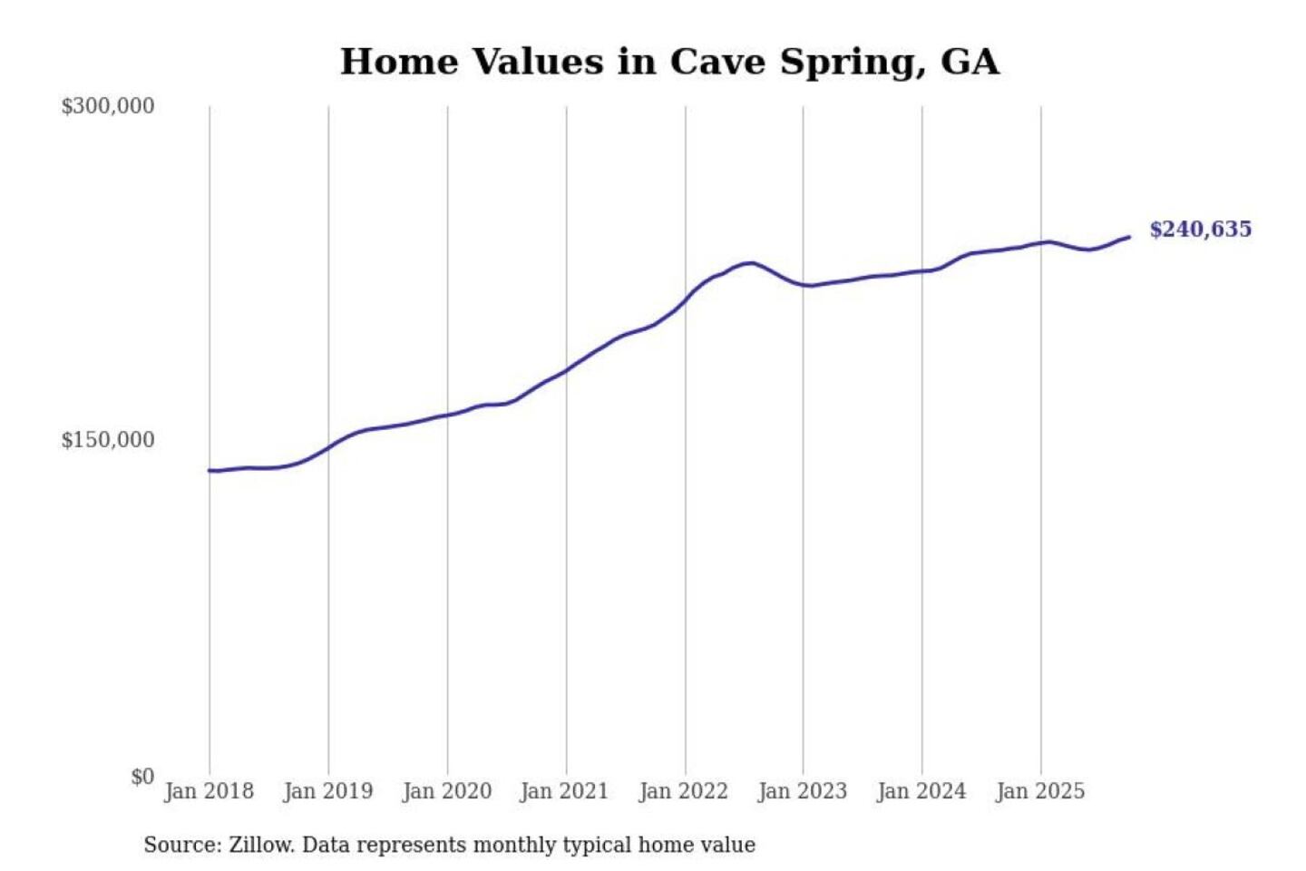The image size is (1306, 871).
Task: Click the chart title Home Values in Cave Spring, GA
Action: (x=669, y=62)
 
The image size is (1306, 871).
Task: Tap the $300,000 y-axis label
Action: (x=107, y=106)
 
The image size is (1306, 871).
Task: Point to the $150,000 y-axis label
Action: (x=107, y=440)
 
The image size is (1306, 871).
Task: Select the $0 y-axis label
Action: (x=142, y=777)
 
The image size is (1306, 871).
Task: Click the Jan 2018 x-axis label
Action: (x=209, y=791)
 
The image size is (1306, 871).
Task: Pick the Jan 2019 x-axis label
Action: (x=327, y=791)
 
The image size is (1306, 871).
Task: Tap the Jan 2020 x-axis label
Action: (x=446, y=791)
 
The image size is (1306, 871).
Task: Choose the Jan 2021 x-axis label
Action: (x=564, y=791)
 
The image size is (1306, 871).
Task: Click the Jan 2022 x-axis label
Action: (x=683, y=791)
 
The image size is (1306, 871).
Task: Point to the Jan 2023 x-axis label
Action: (x=802, y=791)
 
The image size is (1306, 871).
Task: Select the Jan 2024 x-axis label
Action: (x=921, y=791)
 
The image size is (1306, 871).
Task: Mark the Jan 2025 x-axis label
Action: (x=1039, y=791)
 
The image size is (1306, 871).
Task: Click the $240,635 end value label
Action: (x=1200, y=230)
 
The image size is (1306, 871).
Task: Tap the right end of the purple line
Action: (x=1129, y=237)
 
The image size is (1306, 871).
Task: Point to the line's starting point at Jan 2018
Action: (x=210, y=470)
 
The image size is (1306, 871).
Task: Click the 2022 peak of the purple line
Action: (x=749, y=263)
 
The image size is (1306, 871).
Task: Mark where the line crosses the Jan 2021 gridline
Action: (x=567, y=369)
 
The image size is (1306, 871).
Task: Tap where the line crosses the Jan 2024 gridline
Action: (x=922, y=271)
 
